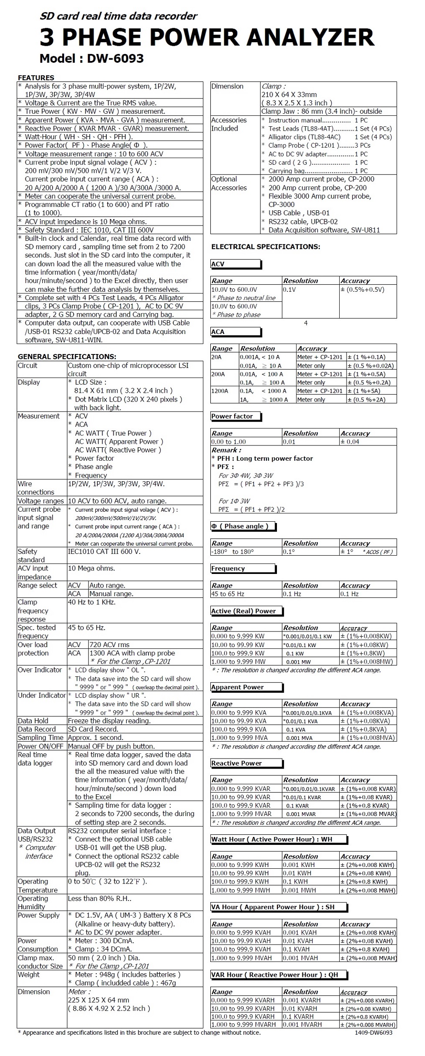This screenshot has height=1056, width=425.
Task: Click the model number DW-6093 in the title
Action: click(x=115, y=59)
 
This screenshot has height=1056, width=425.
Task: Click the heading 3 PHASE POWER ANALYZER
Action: click(x=207, y=37)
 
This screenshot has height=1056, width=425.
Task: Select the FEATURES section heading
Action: click(x=36, y=78)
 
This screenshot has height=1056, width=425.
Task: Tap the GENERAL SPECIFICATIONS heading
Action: click(x=67, y=357)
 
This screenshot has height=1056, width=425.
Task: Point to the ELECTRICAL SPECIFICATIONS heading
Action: click(x=266, y=247)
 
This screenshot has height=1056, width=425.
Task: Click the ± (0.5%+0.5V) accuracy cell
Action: click(x=362, y=290)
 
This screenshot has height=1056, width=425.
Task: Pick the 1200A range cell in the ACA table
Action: click(x=220, y=391)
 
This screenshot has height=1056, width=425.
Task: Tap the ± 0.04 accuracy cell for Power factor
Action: click(x=350, y=442)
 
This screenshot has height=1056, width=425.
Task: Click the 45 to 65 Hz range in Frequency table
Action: click(x=228, y=594)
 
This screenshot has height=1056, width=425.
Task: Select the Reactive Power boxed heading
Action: click(x=236, y=763)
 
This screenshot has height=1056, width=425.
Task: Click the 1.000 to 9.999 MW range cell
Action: click(x=238, y=661)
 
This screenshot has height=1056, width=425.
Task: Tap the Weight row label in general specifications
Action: click(x=29, y=975)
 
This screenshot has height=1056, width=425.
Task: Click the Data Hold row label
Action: click(x=33, y=721)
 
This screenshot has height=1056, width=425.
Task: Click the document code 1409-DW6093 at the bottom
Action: click(x=373, y=1032)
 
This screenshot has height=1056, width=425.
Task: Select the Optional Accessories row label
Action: click(x=229, y=183)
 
